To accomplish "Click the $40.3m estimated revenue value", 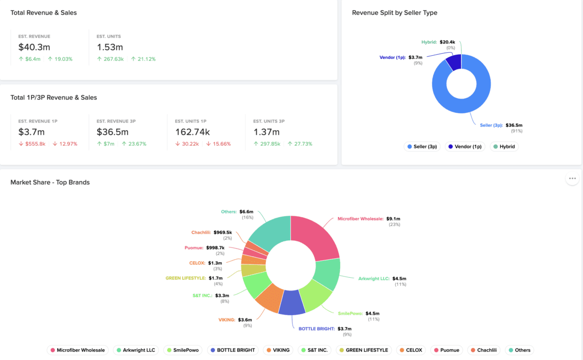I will pos(34,47).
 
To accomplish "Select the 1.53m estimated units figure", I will pos(110,47).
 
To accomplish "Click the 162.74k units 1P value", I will pos(192,132).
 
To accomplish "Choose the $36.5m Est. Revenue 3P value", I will pos(113,132).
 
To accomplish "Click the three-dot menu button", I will pos(572,178).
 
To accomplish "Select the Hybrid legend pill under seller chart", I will pos(504,147).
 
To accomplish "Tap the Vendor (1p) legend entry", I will pos(465,147).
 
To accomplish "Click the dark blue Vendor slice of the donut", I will pos(454,62).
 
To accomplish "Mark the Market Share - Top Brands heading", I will pos(50,182).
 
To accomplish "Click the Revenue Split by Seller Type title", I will pos(394,12).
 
